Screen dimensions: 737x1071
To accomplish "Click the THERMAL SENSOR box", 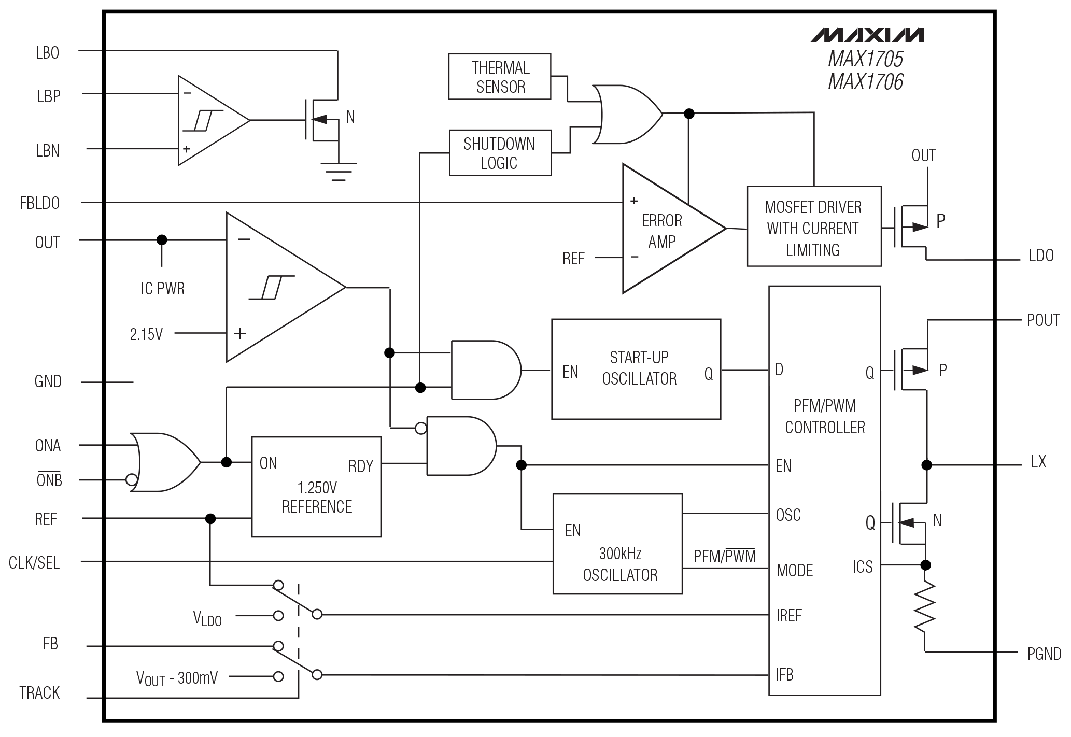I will click(499, 77).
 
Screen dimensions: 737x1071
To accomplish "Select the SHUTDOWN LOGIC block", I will click(500, 153).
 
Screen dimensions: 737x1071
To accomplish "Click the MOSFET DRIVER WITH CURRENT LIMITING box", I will click(813, 226).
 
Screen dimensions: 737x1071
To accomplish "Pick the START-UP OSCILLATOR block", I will click(636, 368).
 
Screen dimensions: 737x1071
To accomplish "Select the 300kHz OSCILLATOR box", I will click(617, 544).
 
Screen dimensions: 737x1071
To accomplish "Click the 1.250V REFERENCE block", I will click(316, 487).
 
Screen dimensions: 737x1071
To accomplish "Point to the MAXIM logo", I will click(867, 35).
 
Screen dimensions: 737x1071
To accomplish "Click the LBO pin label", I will click(47, 53).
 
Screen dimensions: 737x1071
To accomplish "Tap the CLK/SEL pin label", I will click(34, 562).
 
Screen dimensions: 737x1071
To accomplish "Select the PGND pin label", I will click(1044, 654).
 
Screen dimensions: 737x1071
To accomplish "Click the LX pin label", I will click(1038, 462).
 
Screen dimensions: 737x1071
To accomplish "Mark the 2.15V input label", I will click(146, 334).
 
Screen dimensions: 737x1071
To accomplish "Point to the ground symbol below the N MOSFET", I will click(339, 171).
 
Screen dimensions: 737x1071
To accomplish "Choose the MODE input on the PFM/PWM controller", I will click(794, 570).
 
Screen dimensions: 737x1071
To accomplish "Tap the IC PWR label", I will click(162, 288).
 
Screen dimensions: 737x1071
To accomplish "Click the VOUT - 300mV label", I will click(177, 677).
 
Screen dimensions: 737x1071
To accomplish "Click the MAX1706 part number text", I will click(865, 82).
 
